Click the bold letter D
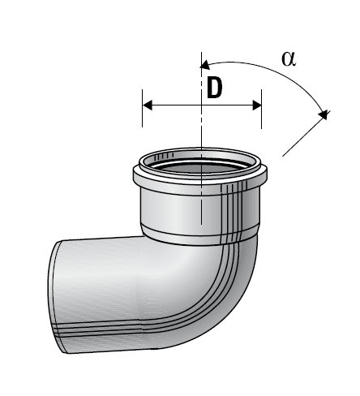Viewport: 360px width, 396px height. [x=214, y=88]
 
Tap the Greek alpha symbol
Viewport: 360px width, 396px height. [x=288, y=58]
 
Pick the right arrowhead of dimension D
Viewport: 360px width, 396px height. [x=257, y=105]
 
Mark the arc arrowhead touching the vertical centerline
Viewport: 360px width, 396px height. [x=205, y=62]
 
